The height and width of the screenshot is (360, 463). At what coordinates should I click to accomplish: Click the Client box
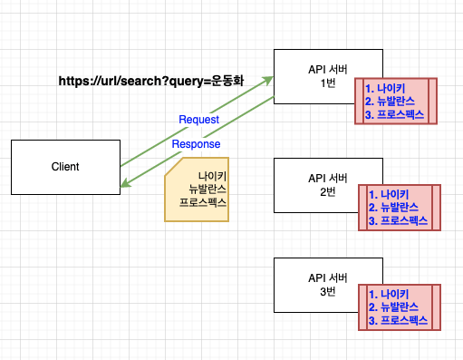tap(65, 167)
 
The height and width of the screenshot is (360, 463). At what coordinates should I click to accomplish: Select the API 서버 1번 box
tap(321, 76)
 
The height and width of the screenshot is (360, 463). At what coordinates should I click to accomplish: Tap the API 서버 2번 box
tap(321, 185)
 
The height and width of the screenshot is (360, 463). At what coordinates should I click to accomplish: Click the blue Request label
tap(198, 120)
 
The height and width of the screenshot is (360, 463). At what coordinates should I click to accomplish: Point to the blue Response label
tap(196, 143)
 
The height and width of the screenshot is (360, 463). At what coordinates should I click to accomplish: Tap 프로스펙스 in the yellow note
tap(203, 204)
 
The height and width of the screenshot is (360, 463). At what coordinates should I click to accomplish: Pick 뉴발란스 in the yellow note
tap(207, 189)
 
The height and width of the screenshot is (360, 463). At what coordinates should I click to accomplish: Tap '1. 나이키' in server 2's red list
tap(391, 193)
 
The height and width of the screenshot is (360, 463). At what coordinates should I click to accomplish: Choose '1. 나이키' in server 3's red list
tap(391, 293)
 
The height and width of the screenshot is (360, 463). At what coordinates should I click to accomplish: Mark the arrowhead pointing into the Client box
tap(125, 186)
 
